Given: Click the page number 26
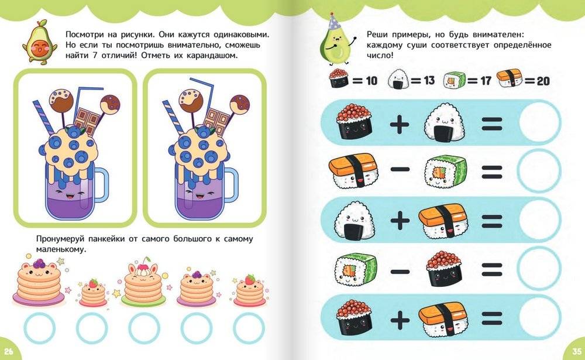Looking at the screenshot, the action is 8,351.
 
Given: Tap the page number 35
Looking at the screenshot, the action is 576,351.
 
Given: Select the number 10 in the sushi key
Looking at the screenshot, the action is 371,81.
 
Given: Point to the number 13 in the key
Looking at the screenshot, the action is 429,80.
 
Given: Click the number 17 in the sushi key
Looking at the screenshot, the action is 486,80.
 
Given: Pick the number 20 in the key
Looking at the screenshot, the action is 543,81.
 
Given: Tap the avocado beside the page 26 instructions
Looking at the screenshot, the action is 40,42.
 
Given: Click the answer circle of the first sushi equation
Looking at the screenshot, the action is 539,122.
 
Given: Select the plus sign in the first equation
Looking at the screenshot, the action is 400,124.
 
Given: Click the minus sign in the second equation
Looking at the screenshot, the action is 400,170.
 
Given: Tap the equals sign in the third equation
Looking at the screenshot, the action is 492,221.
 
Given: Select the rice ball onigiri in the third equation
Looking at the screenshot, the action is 354,220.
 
